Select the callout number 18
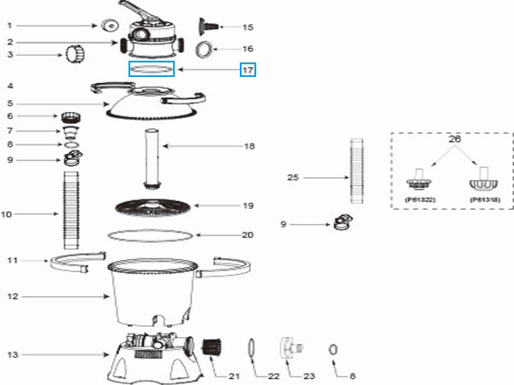tap(249, 146)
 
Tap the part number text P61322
tap(417, 198)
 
